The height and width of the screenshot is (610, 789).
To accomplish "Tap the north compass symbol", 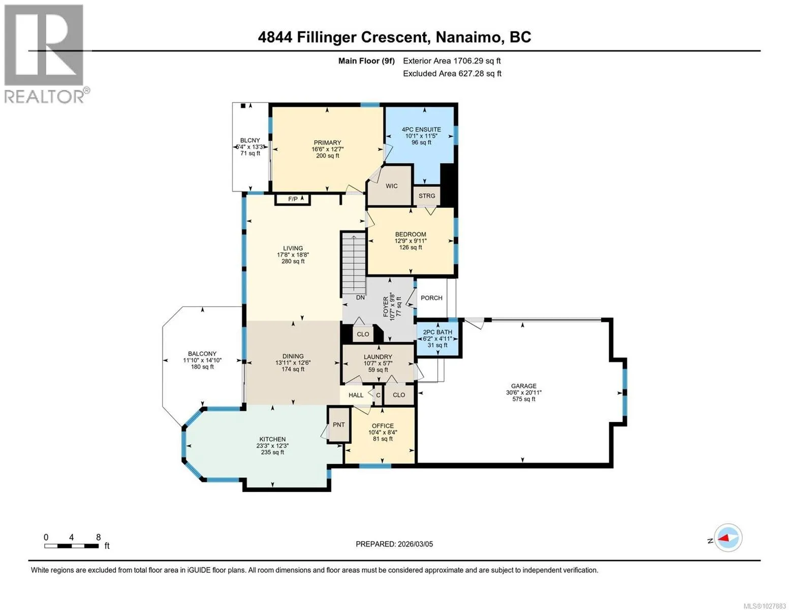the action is tap(728, 538).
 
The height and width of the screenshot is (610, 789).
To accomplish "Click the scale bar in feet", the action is tap(72, 546).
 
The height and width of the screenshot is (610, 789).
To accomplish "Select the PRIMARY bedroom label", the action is tap(327, 143).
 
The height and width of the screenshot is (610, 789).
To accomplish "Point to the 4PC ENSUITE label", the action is tap(421, 129).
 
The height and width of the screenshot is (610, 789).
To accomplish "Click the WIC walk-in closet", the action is tap(391, 186).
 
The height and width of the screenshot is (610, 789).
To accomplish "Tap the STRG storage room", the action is tap(427, 196).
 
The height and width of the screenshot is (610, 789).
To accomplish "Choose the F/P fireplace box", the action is tap(293, 199).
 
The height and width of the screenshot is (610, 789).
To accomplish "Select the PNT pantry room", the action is tap(339, 424).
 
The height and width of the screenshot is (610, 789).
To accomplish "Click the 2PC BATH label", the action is tap(437, 332).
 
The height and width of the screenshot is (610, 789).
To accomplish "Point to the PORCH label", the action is tap(431, 298).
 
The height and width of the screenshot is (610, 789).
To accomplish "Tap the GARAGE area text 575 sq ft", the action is tap(524, 399).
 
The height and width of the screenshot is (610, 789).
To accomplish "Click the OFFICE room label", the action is tap(383, 426).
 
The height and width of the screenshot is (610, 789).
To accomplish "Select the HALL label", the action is tap(356, 395).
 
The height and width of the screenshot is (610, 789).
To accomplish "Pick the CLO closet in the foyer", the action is tap(363, 334).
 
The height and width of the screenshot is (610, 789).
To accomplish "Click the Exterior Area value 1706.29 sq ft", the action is tap(477, 61).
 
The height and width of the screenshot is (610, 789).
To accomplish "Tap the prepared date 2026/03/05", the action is tap(416, 544).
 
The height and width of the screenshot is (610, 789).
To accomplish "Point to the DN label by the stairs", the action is tap(360, 297).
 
